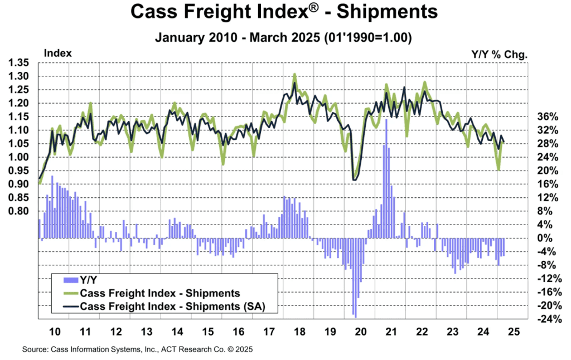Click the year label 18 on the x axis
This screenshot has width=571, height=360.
[299, 331]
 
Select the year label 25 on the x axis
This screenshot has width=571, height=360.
[513, 331]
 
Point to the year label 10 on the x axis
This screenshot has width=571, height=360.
[55, 331]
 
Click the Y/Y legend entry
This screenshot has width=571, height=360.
[89, 281]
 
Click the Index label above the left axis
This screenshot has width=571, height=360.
[57, 53]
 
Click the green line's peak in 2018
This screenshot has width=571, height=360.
[294, 74]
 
